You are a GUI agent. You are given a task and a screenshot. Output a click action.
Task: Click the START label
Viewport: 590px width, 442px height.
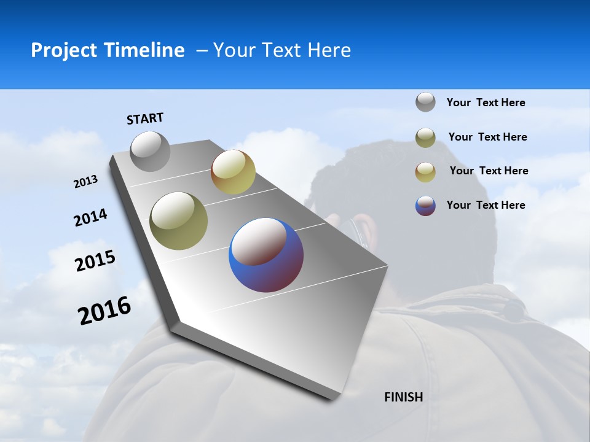click(x=145, y=118)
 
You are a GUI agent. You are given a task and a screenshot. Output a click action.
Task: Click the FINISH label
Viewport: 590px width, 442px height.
click(x=404, y=397)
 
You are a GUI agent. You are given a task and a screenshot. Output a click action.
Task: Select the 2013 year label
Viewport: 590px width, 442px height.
click(x=85, y=182)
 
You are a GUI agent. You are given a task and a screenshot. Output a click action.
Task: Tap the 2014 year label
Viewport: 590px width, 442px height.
click(x=90, y=218)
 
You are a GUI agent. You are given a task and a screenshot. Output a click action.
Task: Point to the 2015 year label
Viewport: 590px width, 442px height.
click(x=95, y=261)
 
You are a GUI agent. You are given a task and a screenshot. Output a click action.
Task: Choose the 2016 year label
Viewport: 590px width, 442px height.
click(x=104, y=311)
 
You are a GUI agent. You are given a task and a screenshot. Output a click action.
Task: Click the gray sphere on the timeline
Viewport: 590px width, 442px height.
click(x=151, y=151)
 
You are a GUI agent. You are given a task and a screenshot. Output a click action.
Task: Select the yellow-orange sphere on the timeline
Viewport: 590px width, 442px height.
click(x=233, y=172)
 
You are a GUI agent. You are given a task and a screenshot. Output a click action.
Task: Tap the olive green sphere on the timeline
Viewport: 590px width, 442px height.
click(x=178, y=221)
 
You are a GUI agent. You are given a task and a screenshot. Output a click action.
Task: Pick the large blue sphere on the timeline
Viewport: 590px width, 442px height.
click(x=266, y=255)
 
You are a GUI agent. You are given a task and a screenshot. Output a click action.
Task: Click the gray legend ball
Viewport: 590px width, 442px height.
click(x=425, y=102)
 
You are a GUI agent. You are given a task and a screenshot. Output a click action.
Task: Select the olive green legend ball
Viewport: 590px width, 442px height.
click(x=425, y=138)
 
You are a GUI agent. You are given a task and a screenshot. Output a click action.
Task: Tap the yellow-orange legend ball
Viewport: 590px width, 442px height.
click(x=425, y=172)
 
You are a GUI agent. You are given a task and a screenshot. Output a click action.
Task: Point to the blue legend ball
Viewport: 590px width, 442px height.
click(x=425, y=206)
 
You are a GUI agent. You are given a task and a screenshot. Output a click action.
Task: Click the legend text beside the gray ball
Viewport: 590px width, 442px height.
click(x=486, y=103)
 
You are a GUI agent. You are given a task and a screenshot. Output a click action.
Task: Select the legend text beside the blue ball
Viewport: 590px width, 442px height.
click(x=486, y=205)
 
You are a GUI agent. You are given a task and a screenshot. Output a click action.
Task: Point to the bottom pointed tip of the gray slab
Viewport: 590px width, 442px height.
click(x=332, y=399)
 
